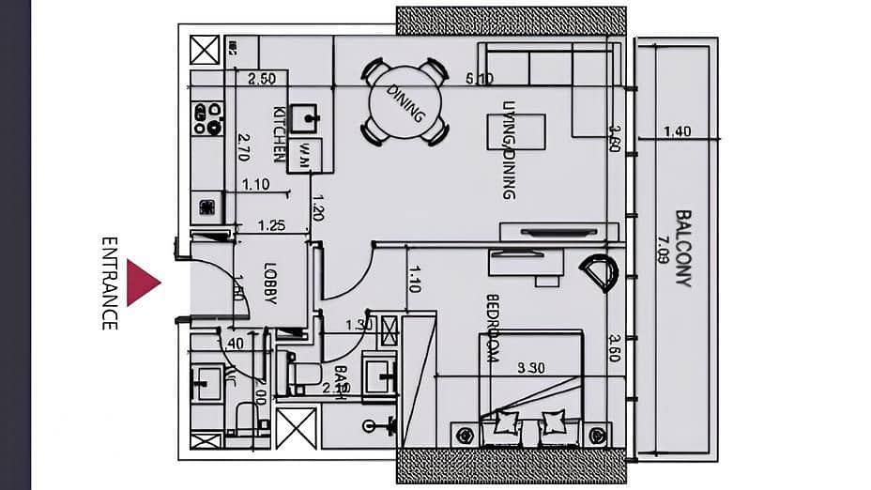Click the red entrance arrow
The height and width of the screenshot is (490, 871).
[143, 283]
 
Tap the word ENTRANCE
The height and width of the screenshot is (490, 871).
[110, 283]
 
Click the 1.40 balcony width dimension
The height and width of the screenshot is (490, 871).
[677, 132]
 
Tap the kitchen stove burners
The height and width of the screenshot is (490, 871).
[207, 119]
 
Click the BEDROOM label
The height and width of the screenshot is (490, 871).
[494, 329]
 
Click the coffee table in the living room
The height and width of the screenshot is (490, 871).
[515, 130]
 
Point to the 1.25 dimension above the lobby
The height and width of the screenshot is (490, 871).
[271, 225]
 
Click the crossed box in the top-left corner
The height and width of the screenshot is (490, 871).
[204, 50]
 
